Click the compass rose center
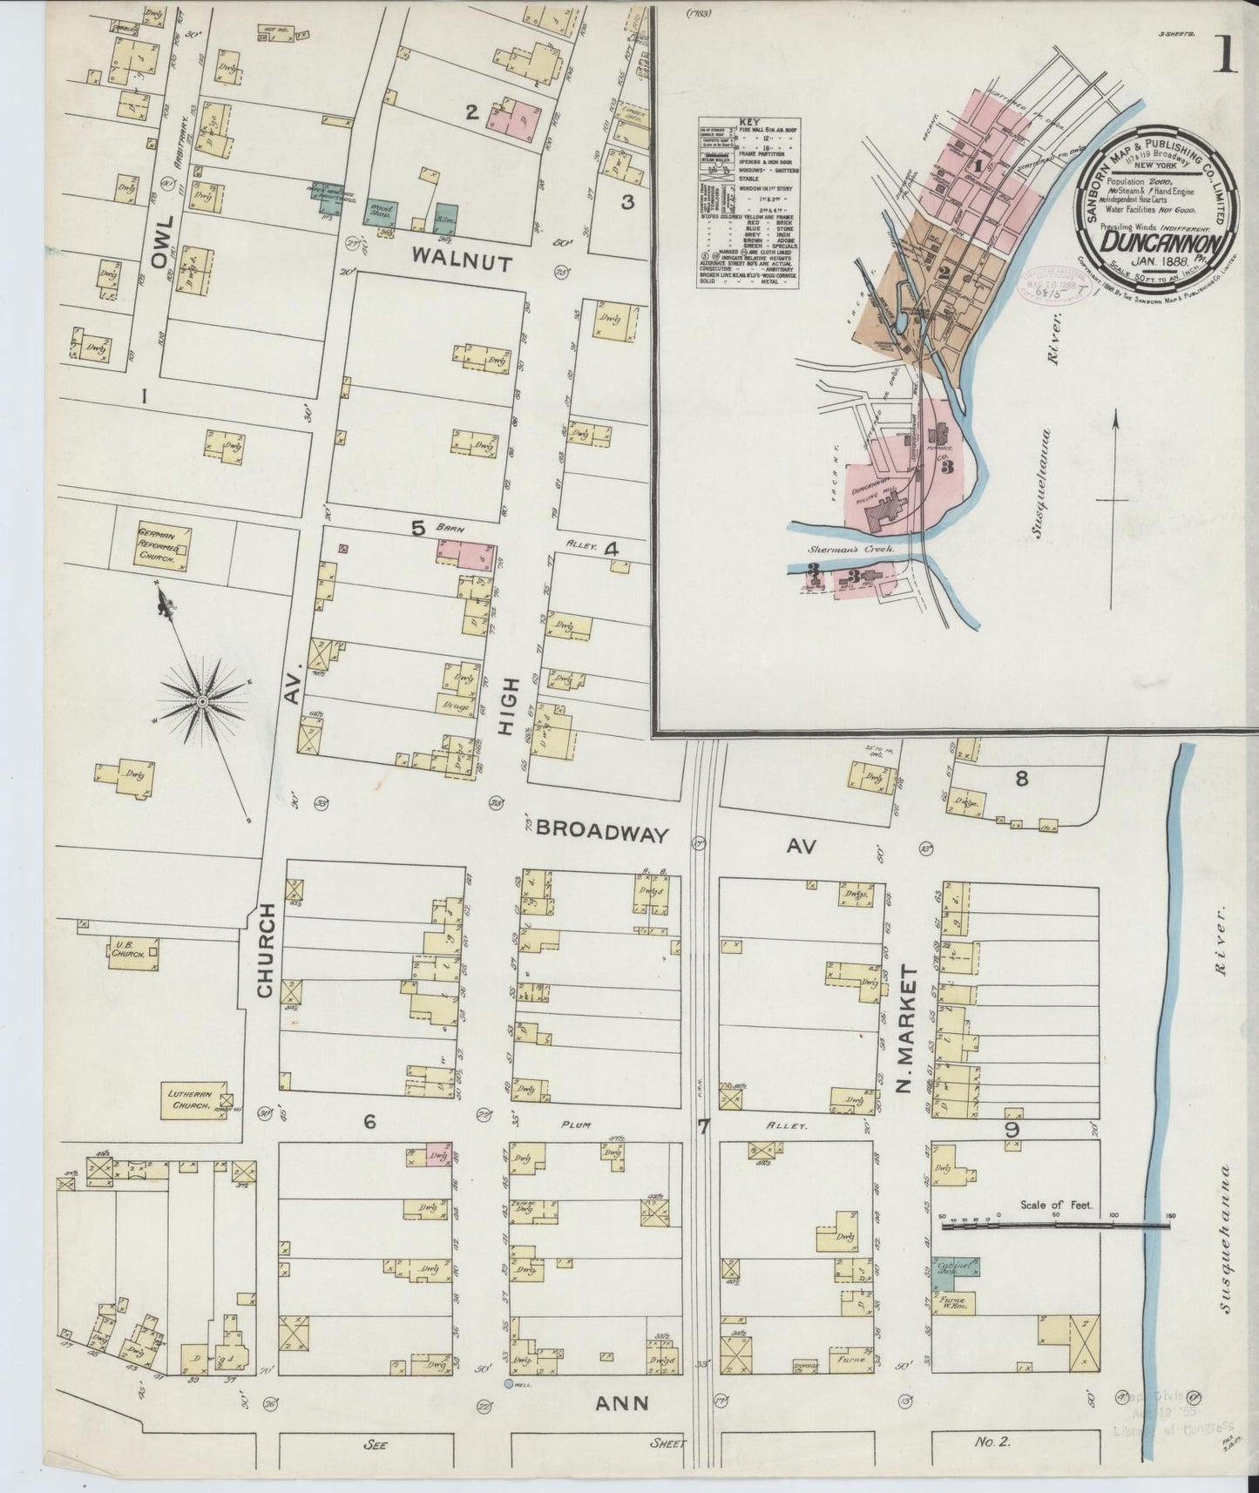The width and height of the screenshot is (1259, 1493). coord(202,699)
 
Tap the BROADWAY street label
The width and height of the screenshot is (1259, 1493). coord(601,833)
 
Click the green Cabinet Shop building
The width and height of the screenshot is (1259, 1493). coord(955,1268)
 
